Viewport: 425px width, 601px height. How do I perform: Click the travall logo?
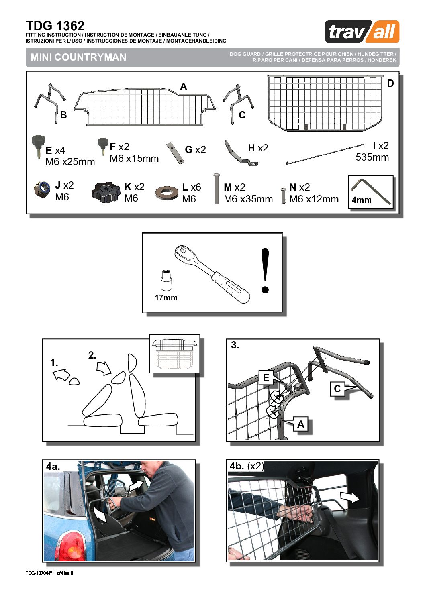(x=362, y=31)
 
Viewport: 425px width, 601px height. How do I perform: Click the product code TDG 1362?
(x=55, y=26)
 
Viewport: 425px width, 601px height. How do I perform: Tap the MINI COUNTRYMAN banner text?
(x=78, y=57)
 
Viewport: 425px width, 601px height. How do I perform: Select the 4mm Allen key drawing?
(x=371, y=192)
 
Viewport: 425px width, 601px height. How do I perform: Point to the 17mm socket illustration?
(x=166, y=280)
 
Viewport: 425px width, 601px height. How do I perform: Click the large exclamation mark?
(x=265, y=271)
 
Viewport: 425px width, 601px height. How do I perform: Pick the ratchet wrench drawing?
(x=212, y=274)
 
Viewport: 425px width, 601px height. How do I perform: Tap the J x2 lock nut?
(x=42, y=189)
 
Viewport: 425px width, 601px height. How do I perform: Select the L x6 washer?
(x=167, y=193)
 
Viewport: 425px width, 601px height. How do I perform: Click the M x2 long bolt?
(x=217, y=188)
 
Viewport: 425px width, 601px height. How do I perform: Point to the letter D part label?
(x=390, y=84)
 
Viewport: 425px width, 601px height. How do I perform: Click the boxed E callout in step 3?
(x=266, y=378)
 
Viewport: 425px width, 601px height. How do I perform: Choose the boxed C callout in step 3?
(x=337, y=389)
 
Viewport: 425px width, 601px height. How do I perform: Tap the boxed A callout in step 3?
(x=301, y=424)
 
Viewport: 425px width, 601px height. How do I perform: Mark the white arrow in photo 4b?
(x=349, y=497)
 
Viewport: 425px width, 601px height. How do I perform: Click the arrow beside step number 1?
(x=61, y=373)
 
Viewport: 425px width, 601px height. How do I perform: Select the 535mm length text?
(x=372, y=157)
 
